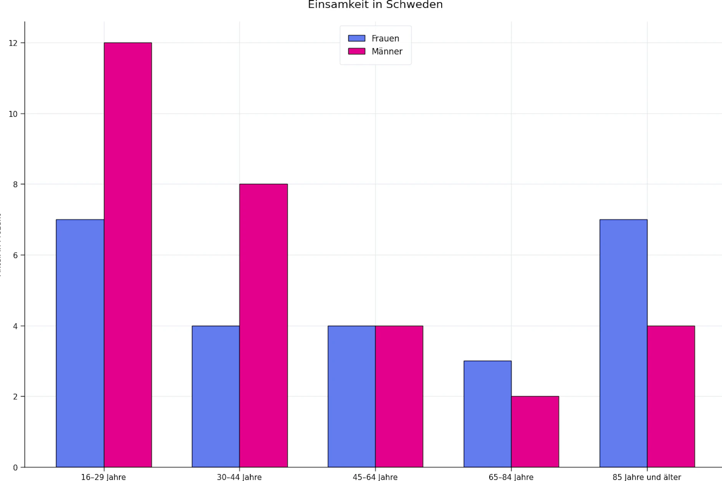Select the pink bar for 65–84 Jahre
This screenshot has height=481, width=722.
click(x=535, y=431)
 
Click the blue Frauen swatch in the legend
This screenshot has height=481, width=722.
click(x=356, y=38)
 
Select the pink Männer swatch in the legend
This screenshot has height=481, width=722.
click(x=356, y=51)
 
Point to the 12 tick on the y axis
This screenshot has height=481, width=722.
click(x=13, y=43)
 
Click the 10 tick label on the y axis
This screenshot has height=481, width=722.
click(x=13, y=114)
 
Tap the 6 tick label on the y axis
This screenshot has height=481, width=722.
click(x=16, y=255)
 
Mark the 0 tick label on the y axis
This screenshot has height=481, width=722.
click(x=16, y=468)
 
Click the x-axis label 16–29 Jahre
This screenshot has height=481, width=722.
click(x=103, y=477)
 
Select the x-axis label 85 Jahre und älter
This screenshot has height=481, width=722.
click(x=647, y=477)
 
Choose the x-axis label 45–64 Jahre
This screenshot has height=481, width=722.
click(x=375, y=477)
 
